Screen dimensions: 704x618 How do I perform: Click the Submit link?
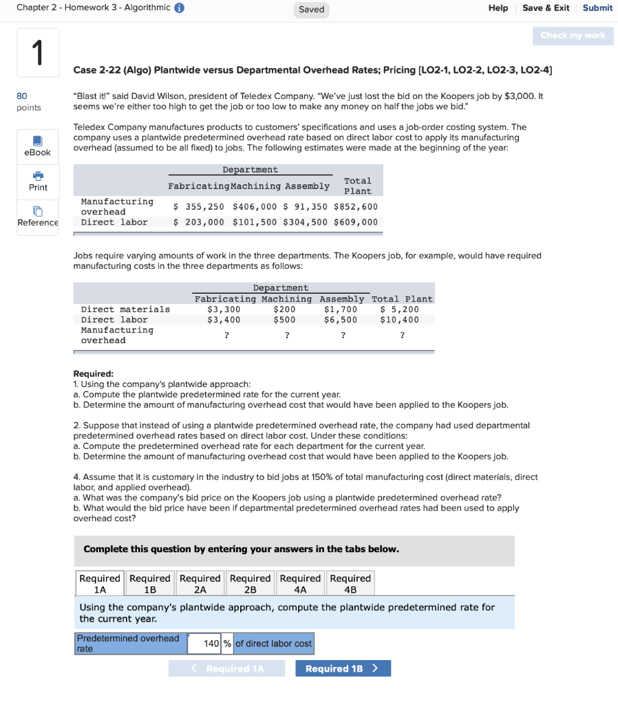click(597, 8)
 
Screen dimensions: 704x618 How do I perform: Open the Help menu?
click(498, 8)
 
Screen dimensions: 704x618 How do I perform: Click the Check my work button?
click(573, 36)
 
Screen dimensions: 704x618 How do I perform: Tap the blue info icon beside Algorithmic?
click(180, 8)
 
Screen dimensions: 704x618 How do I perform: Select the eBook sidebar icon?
click(37, 145)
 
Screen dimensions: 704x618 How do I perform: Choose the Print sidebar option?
click(38, 181)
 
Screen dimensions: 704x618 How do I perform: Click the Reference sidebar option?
click(38, 216)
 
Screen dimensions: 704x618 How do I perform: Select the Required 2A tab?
click(200, 583)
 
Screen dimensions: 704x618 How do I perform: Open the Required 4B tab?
click(350, 583)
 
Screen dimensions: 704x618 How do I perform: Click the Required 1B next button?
click(343, 668)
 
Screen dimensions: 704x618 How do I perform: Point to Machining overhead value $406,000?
click(255, 206)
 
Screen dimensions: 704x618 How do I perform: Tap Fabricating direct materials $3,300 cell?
click(224, 309)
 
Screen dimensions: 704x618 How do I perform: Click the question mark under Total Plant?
click(402, 335)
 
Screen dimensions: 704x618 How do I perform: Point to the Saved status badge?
click(311, 10)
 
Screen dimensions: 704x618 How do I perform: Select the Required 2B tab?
click(250, 583)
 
